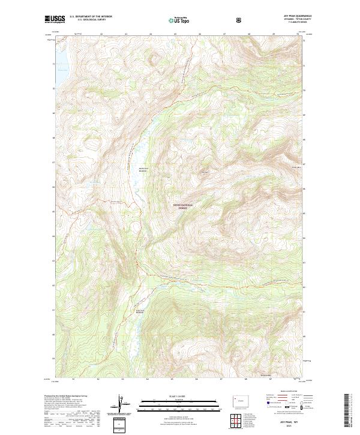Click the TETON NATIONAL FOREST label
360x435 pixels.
tap(185, 206)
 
